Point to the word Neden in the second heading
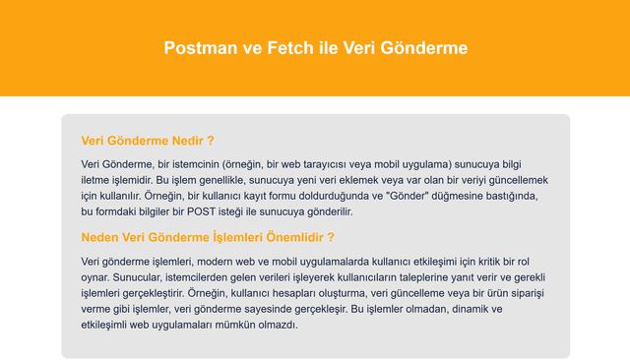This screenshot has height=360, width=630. (103, 237)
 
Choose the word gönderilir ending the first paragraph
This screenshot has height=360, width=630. (325, 211)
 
